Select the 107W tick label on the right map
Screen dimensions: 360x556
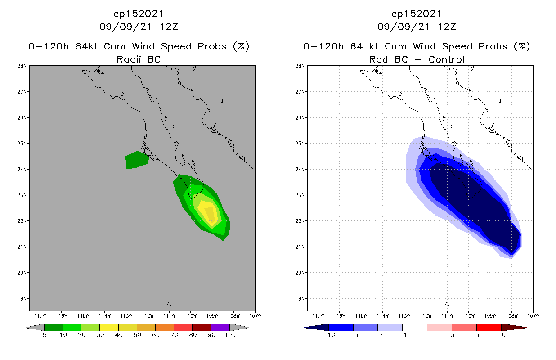[x=533, y=315]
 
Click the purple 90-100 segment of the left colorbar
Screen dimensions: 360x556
[x=220, y=327]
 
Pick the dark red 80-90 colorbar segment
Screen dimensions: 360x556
[x=202, y=327]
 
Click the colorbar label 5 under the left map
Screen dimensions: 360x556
[x=45, y=335]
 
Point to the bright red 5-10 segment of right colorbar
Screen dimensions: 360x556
[x=489, y=327]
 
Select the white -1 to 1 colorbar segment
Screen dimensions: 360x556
[x=414, y=327]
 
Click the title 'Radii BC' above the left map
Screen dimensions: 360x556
[x=139, y=59]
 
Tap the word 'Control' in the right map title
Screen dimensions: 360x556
[x=446, y=59]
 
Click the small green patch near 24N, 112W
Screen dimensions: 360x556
[x=136, y=160]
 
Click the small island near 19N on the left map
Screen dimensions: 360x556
[x=169, y=304]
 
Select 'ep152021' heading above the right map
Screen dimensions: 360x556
[x=417, y=13]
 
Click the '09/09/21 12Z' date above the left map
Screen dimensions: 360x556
[x=139, y=27]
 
